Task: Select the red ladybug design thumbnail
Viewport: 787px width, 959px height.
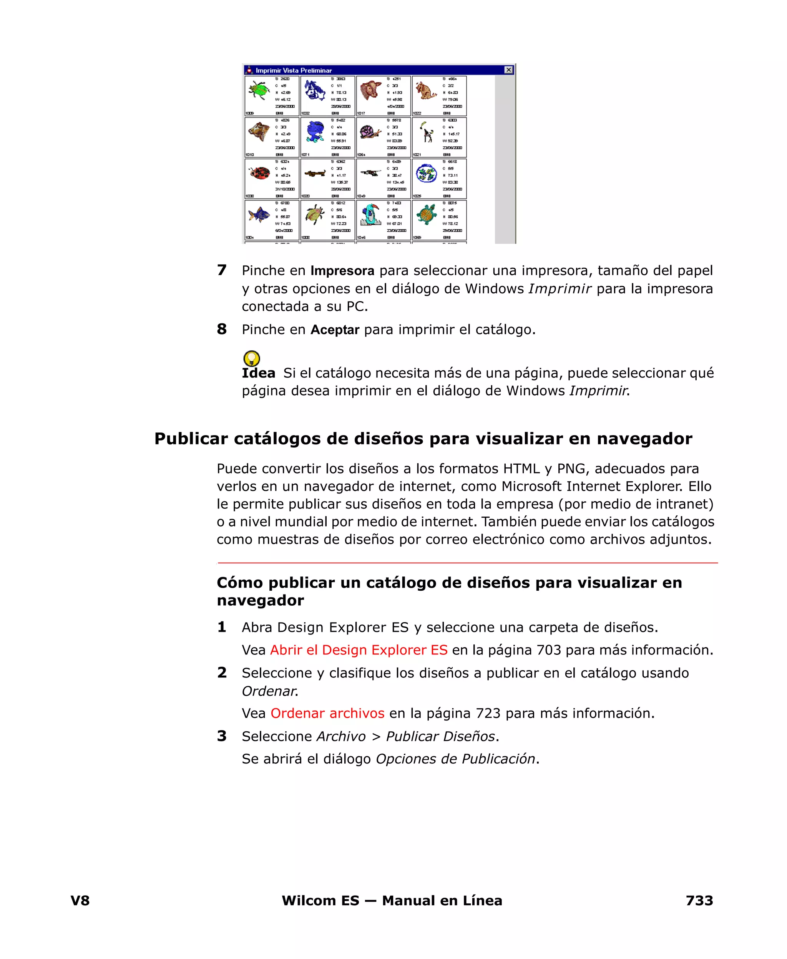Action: [x=259, y=173]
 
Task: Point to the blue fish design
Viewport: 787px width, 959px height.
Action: [x=259, y=214]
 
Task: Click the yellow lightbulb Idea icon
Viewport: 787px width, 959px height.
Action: [x=252, y=358]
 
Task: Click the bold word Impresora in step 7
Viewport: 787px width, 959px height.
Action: [x=342, y=271]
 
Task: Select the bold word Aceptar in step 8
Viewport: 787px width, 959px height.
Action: [x=335, y=330]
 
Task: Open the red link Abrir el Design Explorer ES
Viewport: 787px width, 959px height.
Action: [x=359, y=650]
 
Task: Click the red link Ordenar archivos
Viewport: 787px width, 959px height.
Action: [x=327, y=714]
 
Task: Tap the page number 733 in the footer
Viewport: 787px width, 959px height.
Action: [x=699, y=901]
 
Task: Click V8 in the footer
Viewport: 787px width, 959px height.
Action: [x=80, y=901]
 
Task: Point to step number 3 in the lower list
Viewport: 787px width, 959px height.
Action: [x=222, y=736]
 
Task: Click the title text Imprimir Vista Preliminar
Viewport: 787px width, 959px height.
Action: [x=293, y=70]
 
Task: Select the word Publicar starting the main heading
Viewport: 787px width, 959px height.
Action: [x=191, y=439]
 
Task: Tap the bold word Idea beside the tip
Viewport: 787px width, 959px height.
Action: [x=258, y=373]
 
